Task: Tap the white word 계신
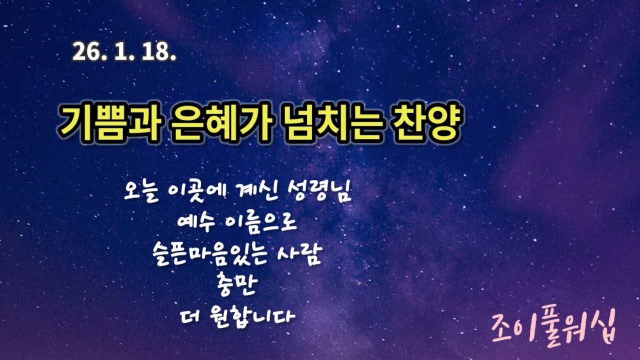247,192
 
